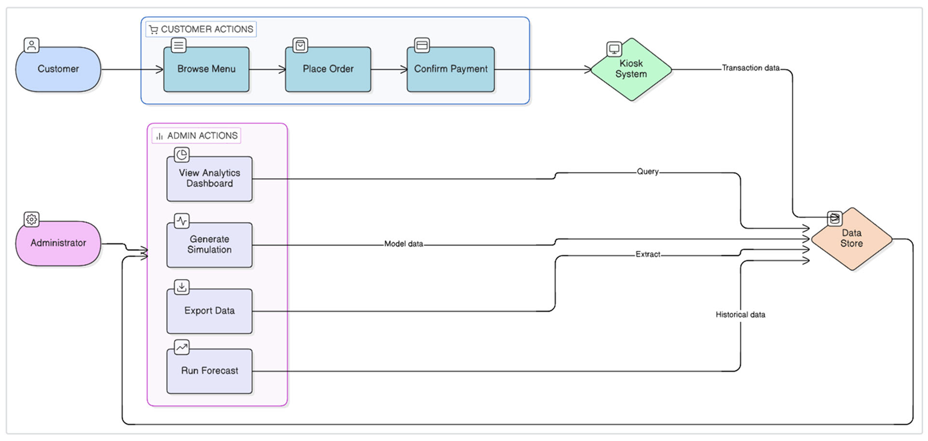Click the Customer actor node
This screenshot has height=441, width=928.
pos(58,69)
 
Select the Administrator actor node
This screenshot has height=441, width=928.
pos(58,243)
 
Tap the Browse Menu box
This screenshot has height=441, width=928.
pos(207,69)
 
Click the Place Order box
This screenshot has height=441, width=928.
pos(328,69)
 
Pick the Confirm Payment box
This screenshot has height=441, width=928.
pos(450,69)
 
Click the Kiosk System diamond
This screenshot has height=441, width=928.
pos(631,69)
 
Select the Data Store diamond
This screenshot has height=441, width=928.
pos(852,239)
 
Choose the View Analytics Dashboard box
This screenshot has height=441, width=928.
pos(210,179)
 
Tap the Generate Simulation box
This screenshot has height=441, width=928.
pos(210,245)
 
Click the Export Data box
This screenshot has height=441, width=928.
pos(210,311)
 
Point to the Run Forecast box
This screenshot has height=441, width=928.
pos(210,371)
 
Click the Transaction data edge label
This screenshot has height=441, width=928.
pos(751,68)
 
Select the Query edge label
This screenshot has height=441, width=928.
pos(647,171)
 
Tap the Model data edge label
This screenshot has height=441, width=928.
pos(403,244)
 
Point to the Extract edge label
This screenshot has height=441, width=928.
pos(648,254)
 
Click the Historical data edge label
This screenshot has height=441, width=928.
pos(740,315)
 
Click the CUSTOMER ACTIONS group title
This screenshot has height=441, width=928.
pos(207,29)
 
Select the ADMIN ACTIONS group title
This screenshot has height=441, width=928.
pos(202,136)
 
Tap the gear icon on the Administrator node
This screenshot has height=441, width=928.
pos(31,219)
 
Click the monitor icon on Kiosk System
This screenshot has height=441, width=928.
pos(614,49)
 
